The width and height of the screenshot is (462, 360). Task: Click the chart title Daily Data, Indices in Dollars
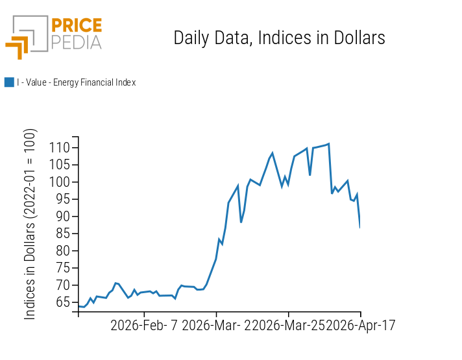click(279, 38)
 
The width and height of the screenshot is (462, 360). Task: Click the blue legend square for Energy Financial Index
click(9, 82)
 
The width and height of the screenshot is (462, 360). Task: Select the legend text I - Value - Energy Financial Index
click(76, 82)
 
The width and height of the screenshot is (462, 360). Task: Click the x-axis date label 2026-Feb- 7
click(145, 325)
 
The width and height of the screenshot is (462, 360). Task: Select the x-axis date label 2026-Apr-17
click(361, 325)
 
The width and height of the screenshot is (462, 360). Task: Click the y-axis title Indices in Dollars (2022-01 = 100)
click(30, 224)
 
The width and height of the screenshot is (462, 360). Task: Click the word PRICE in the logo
click(77, 26)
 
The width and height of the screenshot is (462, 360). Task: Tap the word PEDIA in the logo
click(77, 42)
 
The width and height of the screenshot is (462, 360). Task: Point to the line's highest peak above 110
click(329, 143)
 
